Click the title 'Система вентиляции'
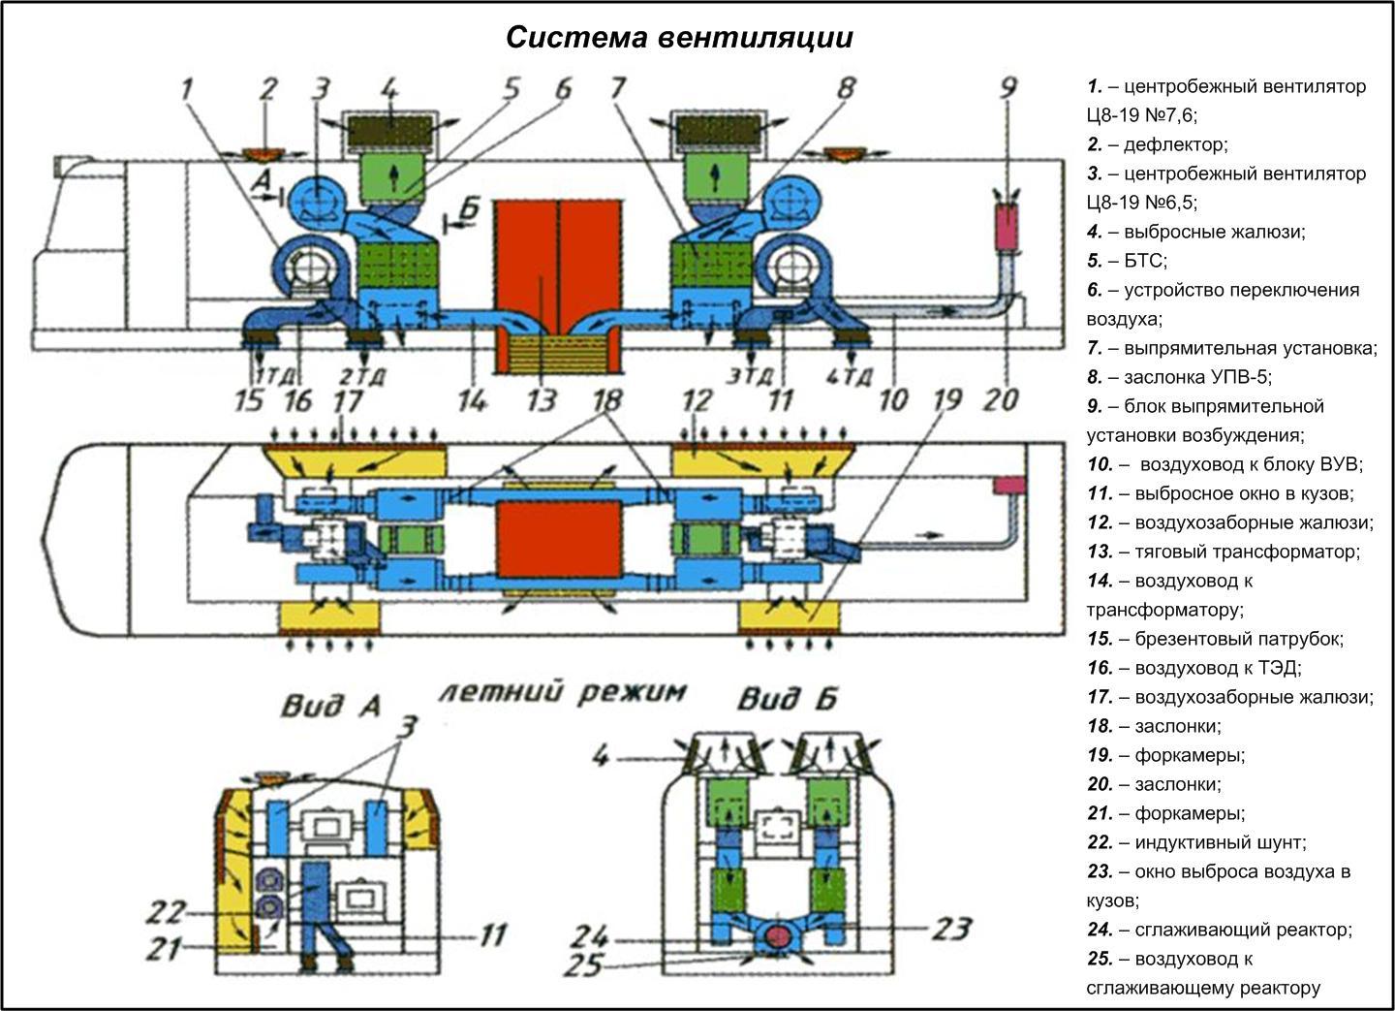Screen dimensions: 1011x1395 [x=679, y=37]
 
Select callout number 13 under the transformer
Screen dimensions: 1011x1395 [x=542, y=399]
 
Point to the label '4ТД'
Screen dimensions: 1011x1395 [x=853, y=375]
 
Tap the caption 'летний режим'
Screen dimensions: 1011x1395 [x=562, y=691]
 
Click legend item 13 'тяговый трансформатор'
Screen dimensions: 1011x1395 [x=1224, y=552]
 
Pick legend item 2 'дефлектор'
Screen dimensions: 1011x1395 [x=1158, y=144]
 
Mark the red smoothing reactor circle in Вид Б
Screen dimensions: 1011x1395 [x=777, y=936]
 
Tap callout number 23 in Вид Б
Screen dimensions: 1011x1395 [x=950, y=929]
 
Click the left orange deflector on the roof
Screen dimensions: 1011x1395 [x=259, y=153]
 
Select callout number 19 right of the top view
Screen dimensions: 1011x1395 [x=948, y=398]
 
